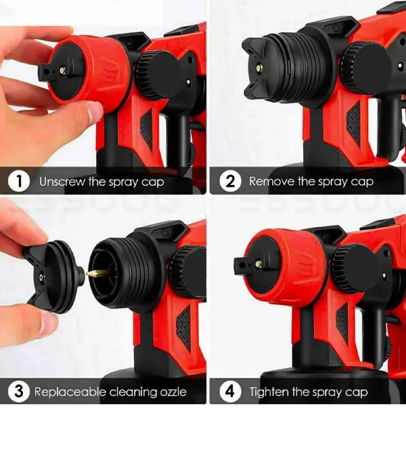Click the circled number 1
click(19, 181)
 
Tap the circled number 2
click(230, 181)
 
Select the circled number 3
click(19, 391)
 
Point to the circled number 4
click(230, 391)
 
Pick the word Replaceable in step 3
click(70, 392)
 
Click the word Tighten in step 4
click(269, 393)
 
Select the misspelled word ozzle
click(173, 393)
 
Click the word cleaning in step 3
click(133, 393)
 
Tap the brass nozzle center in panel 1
click(63, 70)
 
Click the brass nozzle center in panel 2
click(259, 68)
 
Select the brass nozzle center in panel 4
click(258, 264)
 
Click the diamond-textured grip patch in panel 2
click(354, 124)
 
